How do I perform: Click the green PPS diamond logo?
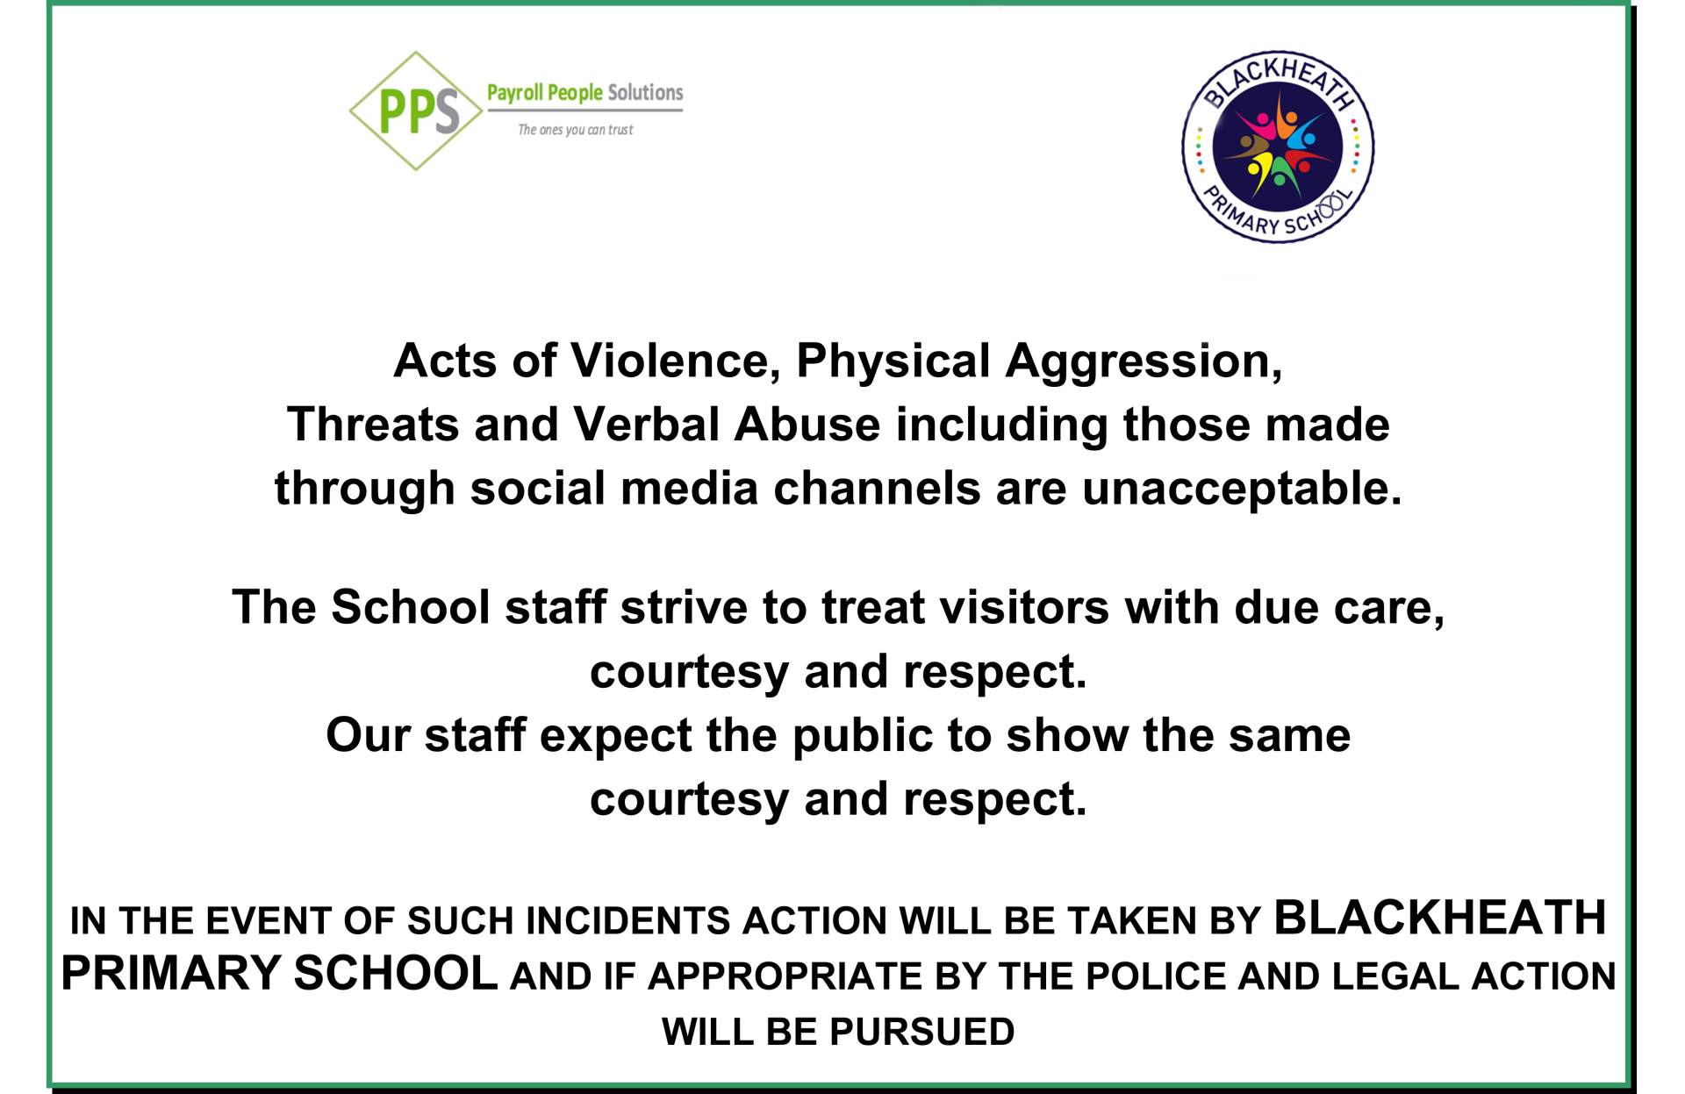416,111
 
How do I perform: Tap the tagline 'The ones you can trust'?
575,130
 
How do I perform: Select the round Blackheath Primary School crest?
1278,147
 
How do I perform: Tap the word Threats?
373,425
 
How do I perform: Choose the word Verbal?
646,425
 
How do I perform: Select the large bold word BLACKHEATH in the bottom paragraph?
1440,918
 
